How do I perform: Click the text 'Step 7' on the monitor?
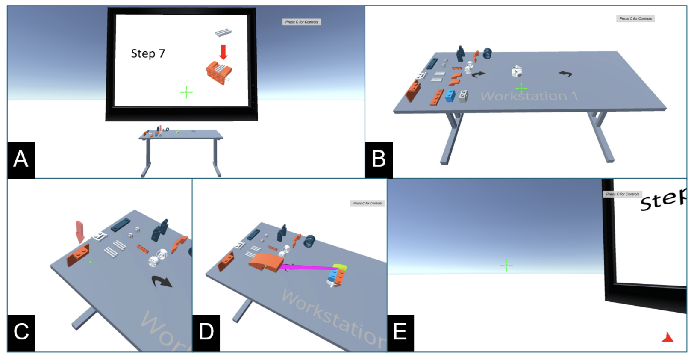pos(148,53)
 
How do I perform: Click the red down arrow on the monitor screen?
pos(223,52)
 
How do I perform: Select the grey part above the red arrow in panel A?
pos(223,32)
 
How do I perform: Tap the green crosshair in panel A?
pos(186,92)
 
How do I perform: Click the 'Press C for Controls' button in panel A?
pos(301,22)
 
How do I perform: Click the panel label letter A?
pos(21,159)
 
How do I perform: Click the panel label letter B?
pos(379,159)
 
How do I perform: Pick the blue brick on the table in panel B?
pos(450,96)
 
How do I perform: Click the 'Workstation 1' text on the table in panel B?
pos(529,96)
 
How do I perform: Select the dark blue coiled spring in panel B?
pos(487,53)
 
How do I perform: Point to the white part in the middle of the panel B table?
pos(517,71)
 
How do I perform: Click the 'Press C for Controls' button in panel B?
pos(635,18)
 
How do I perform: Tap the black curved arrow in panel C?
pos(162,281)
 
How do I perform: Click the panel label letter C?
pos(21,332)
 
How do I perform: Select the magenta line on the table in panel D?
pos(308,267)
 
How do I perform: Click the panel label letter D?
pos(206,332)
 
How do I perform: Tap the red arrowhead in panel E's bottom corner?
pos(668,338)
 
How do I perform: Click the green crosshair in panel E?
pos(506,265)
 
